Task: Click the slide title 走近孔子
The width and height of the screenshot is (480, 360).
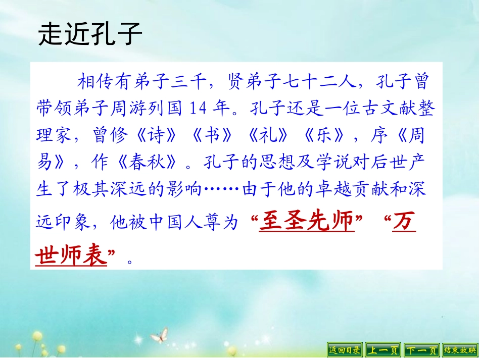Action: tap(89, 34)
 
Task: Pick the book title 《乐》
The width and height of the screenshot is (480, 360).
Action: tap(323, 135)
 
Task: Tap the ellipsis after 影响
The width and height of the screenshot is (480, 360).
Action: tap(222, 190)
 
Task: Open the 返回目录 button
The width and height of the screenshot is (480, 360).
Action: tap(345, 349)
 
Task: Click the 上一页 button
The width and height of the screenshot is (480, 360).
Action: tap(382, 349)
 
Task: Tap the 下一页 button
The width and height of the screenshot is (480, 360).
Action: tap(421, 349)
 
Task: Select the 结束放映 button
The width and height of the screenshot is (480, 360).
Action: tap(459, 349)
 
